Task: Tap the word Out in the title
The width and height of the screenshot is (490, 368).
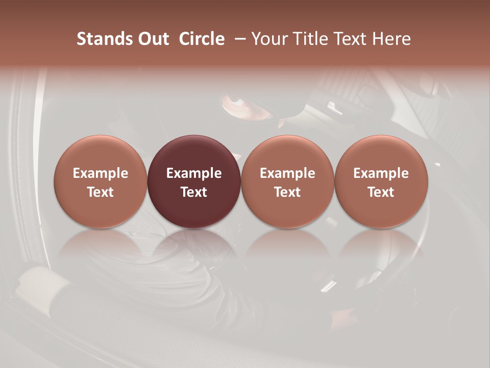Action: pyautogui.click(x=153, y=39)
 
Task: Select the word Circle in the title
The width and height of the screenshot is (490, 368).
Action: pyautogui.click(x=202, y=39)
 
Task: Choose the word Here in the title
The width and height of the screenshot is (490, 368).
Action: pyautogui.click(x=391, y=39)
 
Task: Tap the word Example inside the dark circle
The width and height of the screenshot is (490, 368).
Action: pyautogui.click(x=194, y=173)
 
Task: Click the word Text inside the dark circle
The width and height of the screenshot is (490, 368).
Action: pyautogui.click(x=194, y=192)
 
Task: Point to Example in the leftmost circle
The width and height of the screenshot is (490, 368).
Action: pyautogui.click(x=101, y=173)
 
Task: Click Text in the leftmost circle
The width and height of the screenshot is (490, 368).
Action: pyautogui.click(x=101, y=192)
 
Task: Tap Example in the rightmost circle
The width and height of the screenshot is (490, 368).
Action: pyautogui.click(x=381, y=173)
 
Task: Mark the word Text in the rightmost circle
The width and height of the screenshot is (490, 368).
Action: pyautogui.click(x=381, y=192)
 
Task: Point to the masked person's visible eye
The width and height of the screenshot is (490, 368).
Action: pyautogui.click(x=234, y=98)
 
